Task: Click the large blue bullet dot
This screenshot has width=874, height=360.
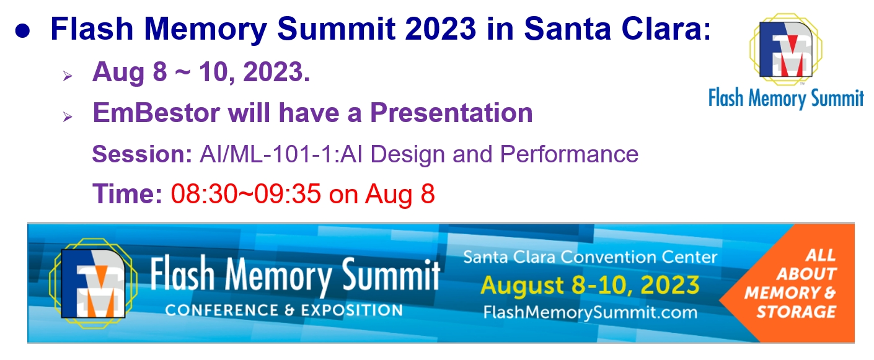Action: pyautogui.click(x=23, y=31)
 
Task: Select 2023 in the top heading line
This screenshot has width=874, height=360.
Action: pyautogui.click(x=440, y=29)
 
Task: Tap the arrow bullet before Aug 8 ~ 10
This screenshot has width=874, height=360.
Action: pyautogui.click(x=68, y=76)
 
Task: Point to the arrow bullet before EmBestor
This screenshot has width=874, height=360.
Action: pyautogui.click(x=68, y=116)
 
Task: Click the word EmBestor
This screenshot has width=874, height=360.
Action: pyautogui.click(x=156, y=113)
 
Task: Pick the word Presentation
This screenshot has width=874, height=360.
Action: pyautogui.click(x=451, y=113)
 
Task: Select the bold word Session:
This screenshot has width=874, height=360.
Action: pyautogui.click(x=142, y=154)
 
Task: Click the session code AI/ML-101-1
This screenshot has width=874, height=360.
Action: pyautogui.click(x=267, y=154)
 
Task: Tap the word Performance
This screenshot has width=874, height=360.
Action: pyautogui.click(x=569, y=154)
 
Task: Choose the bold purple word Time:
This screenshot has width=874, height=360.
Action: pyautogui.click(x=127, y=194)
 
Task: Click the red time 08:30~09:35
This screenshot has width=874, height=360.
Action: pyautogui.click(x=246, y=194)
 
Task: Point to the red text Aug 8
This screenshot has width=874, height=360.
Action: pyautogui.click(x=400, y=195)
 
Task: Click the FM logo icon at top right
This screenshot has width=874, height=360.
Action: pyautogui.click(x=786, y=50)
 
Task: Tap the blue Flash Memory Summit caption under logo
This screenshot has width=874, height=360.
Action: pyautogui.click(x=786, y=98)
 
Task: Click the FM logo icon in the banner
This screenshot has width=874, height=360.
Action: pyautogui.click(x=93, y=284)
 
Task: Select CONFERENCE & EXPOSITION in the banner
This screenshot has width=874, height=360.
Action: pyautogui.click(x=284, y=310)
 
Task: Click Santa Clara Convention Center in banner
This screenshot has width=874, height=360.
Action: pyautogui.click(x=590, y=257)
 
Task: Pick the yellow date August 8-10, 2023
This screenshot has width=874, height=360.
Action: pyautogui.click(x=590, y=286)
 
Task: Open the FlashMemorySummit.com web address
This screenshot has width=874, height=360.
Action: pyautogui.click(x=590, y=312)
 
